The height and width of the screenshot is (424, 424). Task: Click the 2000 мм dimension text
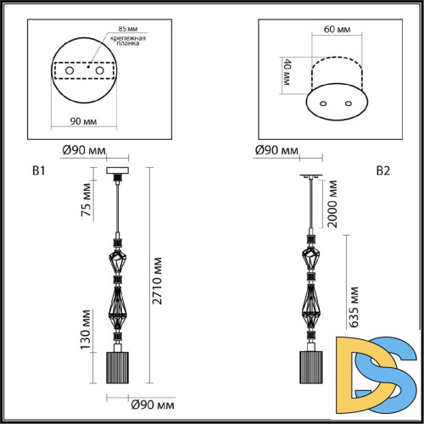click(333, 208)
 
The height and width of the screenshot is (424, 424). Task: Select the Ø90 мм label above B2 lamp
click(276, 151)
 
